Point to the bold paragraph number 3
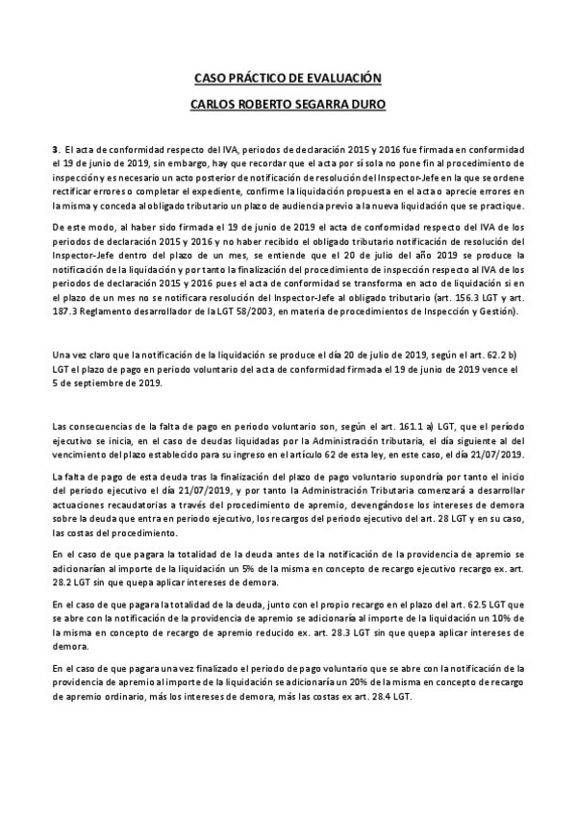55,151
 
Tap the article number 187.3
67,311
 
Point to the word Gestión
497,311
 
